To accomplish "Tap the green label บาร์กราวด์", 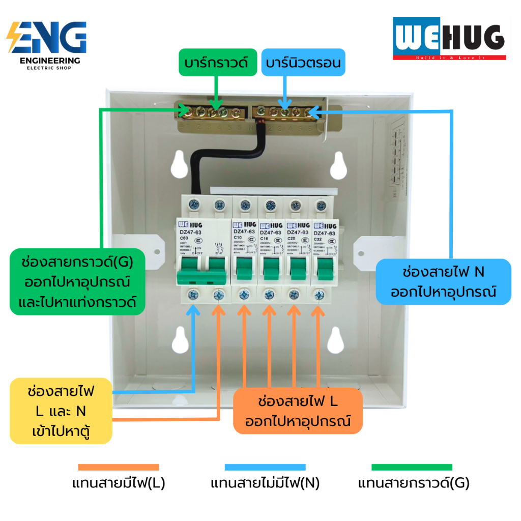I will [217, 63].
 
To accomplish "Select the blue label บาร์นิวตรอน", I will [303, 63].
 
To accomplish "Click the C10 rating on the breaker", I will [238, 237].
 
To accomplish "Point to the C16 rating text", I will [265, 238].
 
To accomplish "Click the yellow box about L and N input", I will [61, 411].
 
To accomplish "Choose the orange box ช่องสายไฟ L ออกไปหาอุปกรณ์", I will [298, 411].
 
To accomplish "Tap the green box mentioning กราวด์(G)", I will [77, 281].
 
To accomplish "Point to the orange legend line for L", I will [119, 467].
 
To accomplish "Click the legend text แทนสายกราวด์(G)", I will [414, 483].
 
